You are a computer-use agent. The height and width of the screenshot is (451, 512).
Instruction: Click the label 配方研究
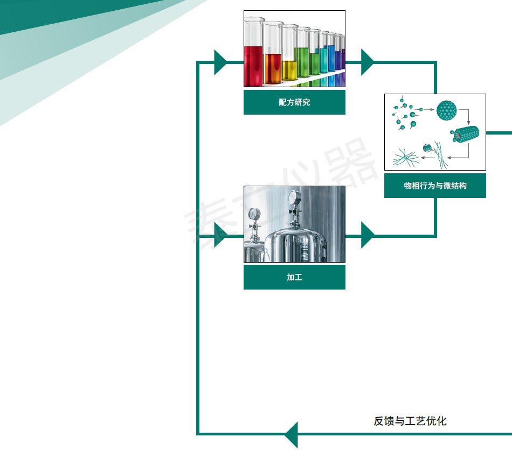[x=294, y=102]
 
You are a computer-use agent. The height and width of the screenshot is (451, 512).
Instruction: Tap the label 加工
[x=294, y=277]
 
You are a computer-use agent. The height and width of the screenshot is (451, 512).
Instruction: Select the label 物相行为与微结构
[x=435, y=186]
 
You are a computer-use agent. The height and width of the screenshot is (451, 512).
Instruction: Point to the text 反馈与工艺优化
[x=410, y=421]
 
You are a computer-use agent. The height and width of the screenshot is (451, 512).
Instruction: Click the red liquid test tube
[x=253, y=65]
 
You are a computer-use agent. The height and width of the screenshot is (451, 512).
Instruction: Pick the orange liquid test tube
[x=272, y=67]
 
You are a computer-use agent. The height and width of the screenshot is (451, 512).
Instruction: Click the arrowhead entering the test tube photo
[x=220, y=62]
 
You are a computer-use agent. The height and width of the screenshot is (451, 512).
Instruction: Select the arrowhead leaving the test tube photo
[x=367, y=62]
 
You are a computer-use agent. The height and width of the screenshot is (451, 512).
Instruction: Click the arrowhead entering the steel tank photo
[x=220, y=236]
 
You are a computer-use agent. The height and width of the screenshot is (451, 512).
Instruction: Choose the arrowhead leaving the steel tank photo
[x=367, y=236]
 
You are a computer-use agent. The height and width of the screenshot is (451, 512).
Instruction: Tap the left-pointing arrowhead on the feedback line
[x=292, y=434]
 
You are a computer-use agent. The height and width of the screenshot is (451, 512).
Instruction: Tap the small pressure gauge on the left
[x=253, y=215]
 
